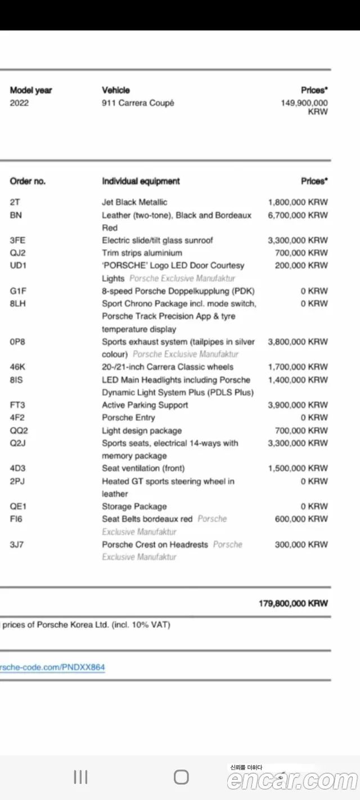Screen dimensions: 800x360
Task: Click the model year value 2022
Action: [x=19, y=103]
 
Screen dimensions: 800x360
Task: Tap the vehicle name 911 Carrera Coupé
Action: [x=138, y=103]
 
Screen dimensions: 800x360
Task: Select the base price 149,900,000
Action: [x=304, y=103]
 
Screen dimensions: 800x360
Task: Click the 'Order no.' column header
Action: [x=28, y=181]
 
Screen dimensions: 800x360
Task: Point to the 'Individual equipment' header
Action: [x=141, y=181]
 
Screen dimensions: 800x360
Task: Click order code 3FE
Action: [x=17, y=240]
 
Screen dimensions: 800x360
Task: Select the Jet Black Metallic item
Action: [x=134, y=202]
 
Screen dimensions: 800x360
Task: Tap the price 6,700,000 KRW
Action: [x=298, y=215]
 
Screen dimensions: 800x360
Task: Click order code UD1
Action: [x=18, y=266]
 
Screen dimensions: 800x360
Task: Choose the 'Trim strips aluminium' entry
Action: [x=142, y=253]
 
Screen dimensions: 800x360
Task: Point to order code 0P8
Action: [x=17, y=341]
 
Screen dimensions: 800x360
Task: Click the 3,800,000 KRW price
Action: [x=298, y=341]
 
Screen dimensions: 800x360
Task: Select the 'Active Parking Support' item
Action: [x=145, y=405]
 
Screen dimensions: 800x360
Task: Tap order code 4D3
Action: [x=17, y=468]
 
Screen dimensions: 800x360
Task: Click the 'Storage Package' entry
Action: [x=134, y=506]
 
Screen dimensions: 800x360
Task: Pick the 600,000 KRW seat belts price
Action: [x=301, y=519]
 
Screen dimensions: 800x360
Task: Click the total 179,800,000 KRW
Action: [x=293, y=603]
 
